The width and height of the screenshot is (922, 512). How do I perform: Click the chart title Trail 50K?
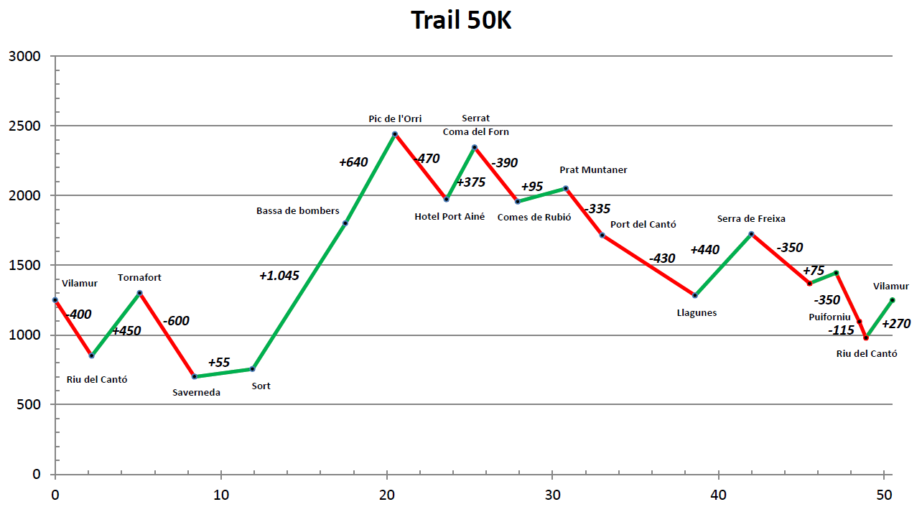461,20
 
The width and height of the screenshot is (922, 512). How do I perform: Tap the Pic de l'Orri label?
395,118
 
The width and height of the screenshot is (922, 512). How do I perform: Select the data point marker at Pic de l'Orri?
395,134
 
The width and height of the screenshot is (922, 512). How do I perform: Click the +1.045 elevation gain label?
279,276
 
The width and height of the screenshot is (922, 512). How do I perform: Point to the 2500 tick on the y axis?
25,126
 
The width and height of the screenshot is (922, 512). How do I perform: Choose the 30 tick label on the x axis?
553,495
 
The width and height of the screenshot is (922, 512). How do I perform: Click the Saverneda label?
196,393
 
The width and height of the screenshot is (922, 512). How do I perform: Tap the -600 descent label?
176,321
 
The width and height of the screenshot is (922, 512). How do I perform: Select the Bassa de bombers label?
298,211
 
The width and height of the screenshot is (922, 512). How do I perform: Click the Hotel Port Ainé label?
450,217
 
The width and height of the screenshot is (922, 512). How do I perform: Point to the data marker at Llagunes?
695,295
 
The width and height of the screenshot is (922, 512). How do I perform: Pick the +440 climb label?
704,250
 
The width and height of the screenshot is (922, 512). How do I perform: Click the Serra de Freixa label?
751,219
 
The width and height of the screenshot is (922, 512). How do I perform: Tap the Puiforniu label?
829,317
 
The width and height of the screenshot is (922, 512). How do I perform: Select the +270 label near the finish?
895,324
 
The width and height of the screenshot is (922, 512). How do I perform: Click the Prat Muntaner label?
593,170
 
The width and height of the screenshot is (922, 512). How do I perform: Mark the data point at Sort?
252,369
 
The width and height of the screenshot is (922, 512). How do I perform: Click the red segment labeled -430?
648,265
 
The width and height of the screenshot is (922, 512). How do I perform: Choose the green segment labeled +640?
370,179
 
